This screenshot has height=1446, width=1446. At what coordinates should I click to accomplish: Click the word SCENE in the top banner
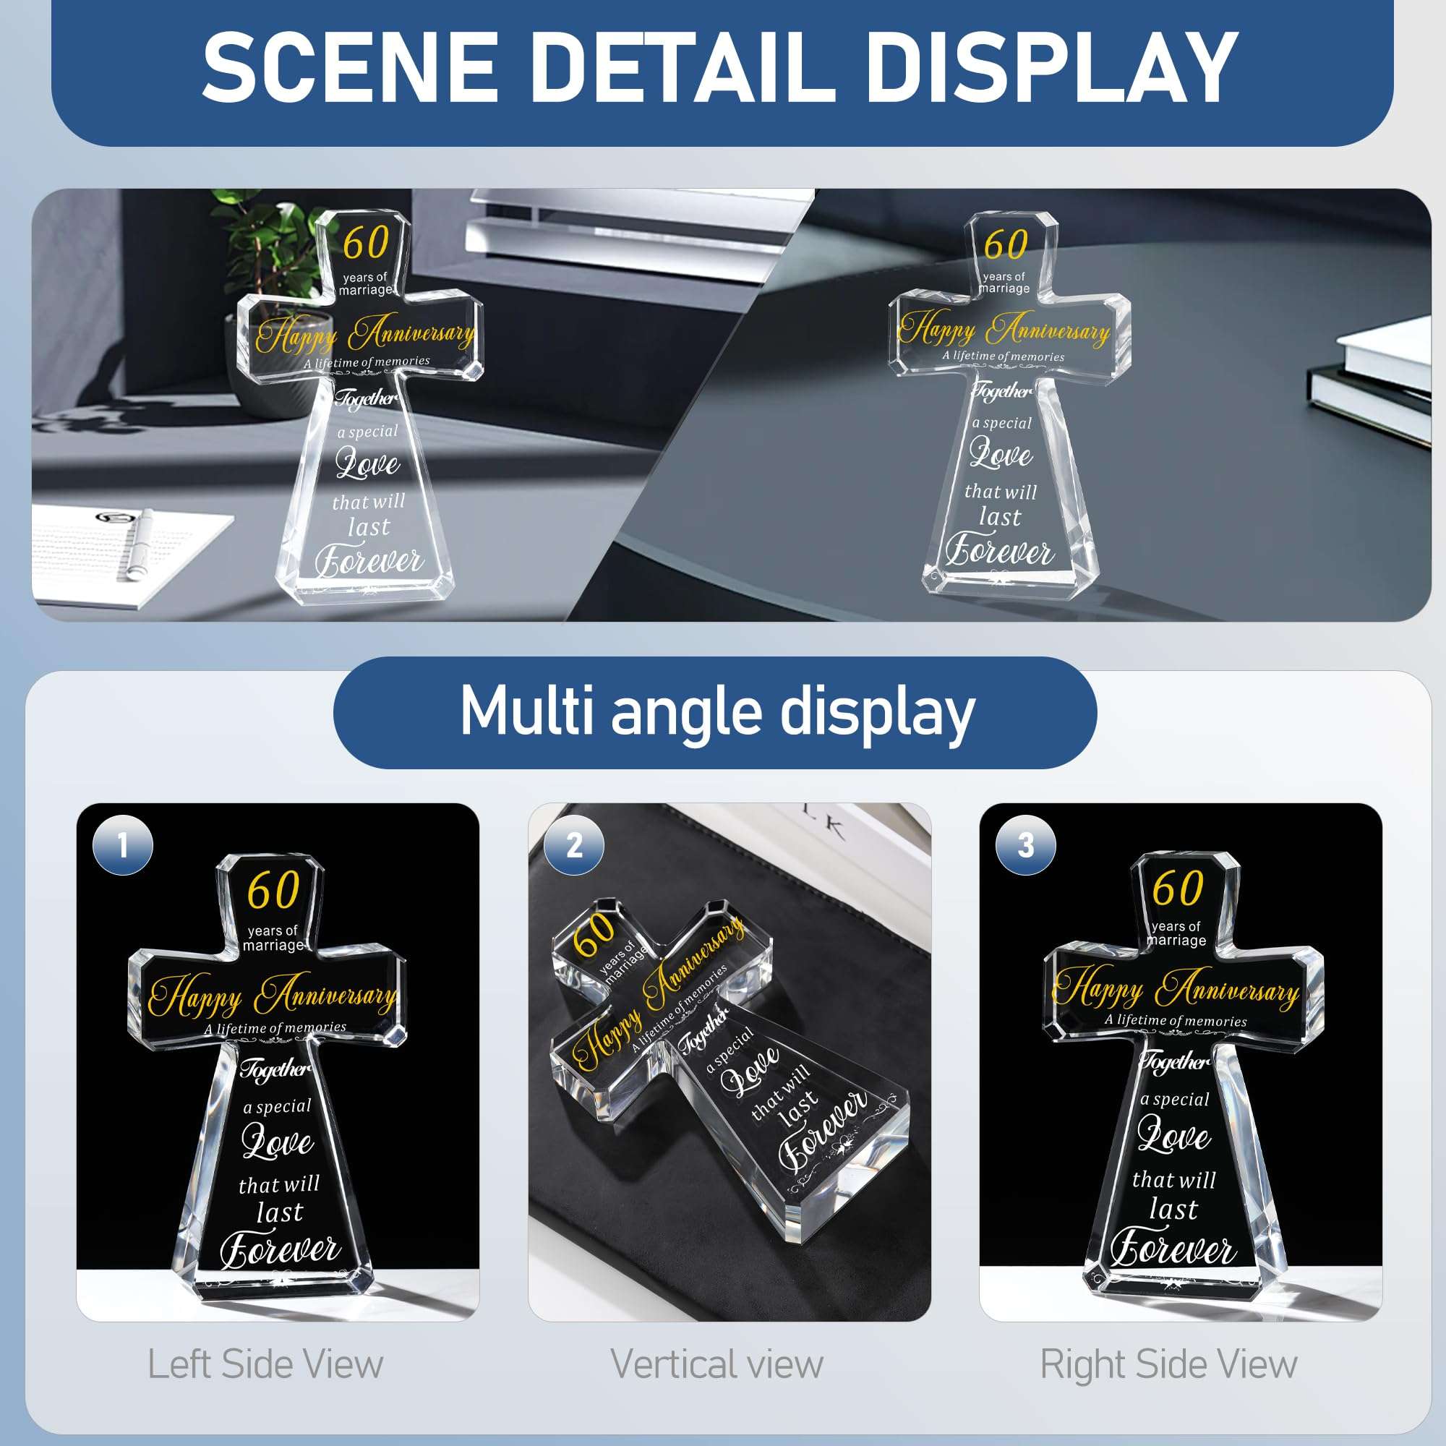point(350,67)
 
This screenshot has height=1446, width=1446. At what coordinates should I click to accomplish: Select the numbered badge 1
point(123,846)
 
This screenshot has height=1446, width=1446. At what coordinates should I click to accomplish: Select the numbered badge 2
point(574,846)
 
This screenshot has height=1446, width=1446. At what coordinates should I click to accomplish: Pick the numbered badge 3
point(1025,846)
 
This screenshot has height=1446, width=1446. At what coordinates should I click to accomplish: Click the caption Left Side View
point(265,1364)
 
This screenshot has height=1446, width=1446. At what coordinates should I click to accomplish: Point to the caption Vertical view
point(717,1364)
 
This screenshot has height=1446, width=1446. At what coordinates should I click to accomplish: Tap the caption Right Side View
point(1168,1364)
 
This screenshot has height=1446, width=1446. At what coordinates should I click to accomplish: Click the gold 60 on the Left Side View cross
point(274,890)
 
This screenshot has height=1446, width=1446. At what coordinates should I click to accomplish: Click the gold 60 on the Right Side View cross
point(1177,888)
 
